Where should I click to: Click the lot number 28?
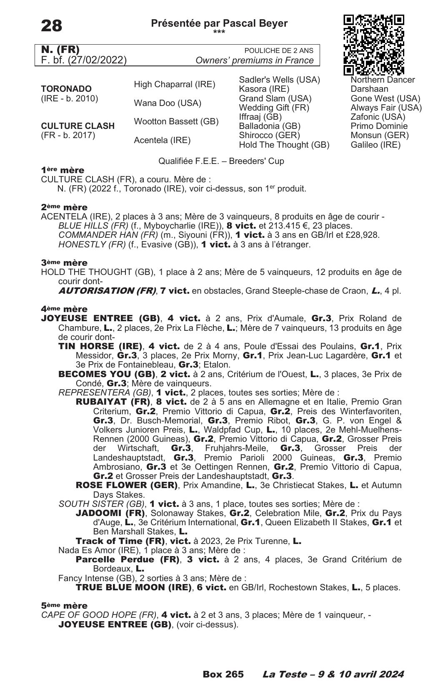point(52,26)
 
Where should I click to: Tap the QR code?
point(374,45)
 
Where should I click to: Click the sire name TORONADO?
point(66,89)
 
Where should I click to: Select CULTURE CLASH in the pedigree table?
point(78,126)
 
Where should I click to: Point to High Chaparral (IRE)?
point(174,85)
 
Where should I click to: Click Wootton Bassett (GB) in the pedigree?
point(176,121)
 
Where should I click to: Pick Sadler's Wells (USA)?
point(279,80)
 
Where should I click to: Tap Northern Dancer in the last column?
point(383,80)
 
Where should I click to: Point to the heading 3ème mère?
point(64,263)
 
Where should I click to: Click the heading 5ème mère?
point(64,606)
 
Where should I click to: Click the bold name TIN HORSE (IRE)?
point(100,346)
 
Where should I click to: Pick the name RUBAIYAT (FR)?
point(113,402)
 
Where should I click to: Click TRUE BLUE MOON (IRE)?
point(133,587)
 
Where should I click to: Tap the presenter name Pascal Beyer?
point(255,23)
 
